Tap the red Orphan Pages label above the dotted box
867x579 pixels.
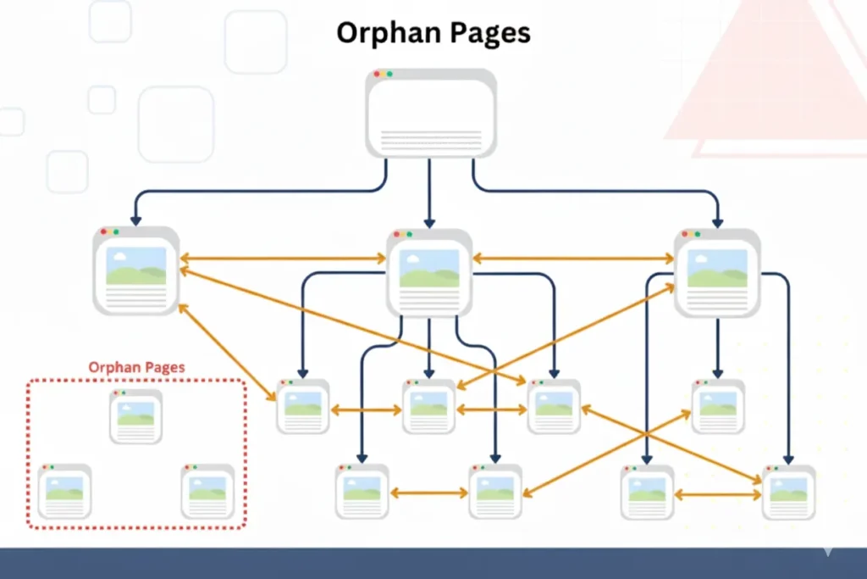point(136,368)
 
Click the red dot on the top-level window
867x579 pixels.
point(377,75)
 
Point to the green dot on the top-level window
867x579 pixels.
point(389,75)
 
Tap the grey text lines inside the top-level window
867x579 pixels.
point(431,139)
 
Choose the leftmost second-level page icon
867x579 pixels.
point(135,270)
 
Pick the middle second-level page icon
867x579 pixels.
point(428,272)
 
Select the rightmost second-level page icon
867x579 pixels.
point(716,271)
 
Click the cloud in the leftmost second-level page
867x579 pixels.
point(120,254)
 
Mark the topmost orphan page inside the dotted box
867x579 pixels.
point(135,416)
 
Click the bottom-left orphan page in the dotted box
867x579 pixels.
point(64,491)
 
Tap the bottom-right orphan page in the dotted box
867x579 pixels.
point(207,491)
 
